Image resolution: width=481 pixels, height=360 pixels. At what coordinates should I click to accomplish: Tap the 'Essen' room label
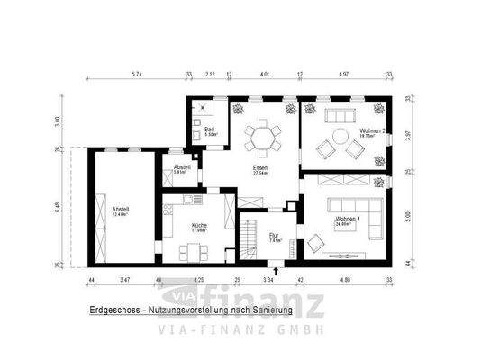[260, 167]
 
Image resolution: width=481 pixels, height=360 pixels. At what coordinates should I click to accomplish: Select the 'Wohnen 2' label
[373, 131]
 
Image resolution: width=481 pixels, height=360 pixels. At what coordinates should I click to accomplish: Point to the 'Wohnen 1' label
[349, 220]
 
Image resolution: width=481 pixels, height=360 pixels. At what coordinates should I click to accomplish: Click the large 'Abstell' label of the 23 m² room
[121, 211]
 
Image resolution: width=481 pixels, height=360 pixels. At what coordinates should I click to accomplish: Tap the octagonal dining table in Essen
[262, 138]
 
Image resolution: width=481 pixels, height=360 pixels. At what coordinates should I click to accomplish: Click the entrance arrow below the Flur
[275, 269]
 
